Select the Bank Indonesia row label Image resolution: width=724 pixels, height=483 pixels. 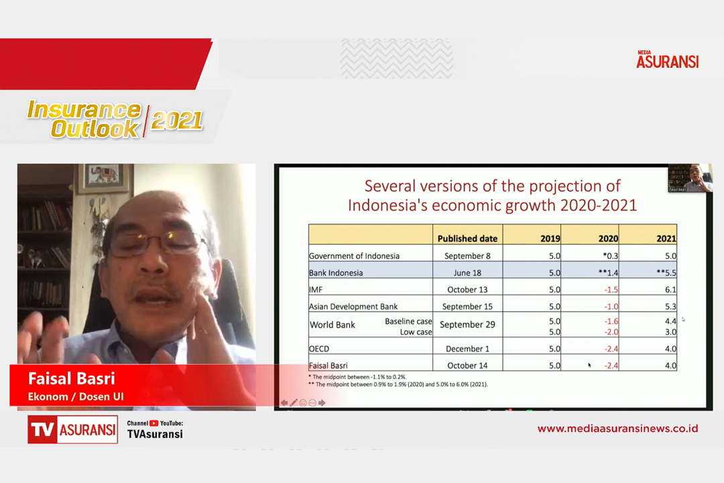tap(336, 273)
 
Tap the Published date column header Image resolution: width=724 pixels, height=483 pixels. tap(467, 239)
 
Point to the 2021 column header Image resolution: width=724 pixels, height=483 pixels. tap(666, 239)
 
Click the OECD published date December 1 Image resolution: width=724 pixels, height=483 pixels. tap(467, 349)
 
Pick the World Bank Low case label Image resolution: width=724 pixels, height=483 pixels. tap(416, 332)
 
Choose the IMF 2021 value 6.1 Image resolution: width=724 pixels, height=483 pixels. tap(670, 290)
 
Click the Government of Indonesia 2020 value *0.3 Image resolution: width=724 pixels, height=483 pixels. tap(611, 256)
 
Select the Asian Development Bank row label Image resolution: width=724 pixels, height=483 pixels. tap(353, 307)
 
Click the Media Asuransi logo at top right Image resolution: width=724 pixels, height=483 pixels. tap(667, 60)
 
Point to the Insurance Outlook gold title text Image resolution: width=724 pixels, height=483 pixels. tap(84, 119)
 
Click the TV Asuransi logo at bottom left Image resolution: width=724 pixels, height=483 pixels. tap(72, 429)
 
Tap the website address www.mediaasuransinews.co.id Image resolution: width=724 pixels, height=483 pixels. tap(617, 429)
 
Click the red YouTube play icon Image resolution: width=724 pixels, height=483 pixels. tap(154, 423)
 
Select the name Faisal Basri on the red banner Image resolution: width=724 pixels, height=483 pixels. tap(71, 378)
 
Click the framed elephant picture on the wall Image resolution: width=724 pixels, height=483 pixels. tap(103, 178)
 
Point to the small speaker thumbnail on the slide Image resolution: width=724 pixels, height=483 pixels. tap(690, 178)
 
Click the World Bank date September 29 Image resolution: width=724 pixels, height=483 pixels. tap(467, 325)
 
